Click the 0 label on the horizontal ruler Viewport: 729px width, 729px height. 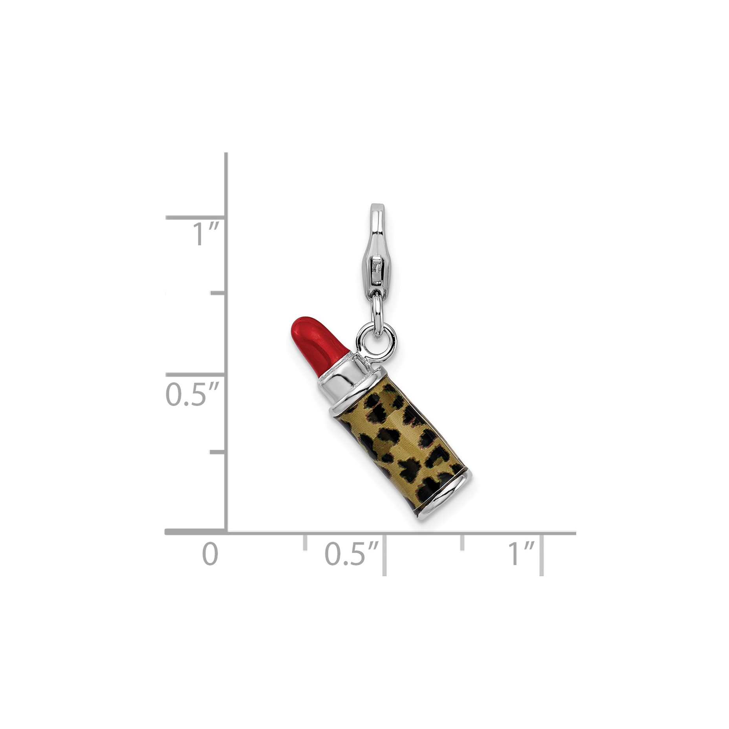[x=210, y=553]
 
